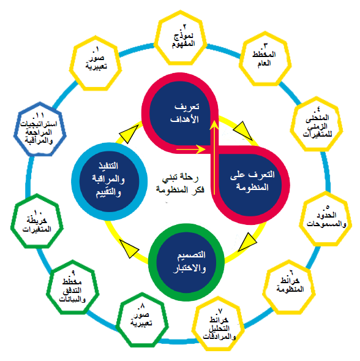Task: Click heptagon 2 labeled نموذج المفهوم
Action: pyautogui.click(x=181, y=38)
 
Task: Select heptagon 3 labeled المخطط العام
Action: pyautogui.click(x=265, y=58)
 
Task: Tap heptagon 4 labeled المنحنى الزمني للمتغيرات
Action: pyautogui.click(x=317, y=124)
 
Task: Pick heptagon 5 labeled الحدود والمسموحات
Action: pyautogui.click(x=326, y=218)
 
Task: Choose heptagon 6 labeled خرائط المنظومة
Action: pyautogui.click(x=289, y=287)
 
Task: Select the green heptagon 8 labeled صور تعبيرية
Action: pyautogui.click(x=142, y=319)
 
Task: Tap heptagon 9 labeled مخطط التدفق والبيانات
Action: pyautogui.click(x=73, y=287)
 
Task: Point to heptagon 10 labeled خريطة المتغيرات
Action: pyautogui.click(x=37, y=221)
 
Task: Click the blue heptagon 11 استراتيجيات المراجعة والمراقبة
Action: pyautogui.click(x=40, y=129)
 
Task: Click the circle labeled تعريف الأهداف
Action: pyautogui.click(x=180, y=113)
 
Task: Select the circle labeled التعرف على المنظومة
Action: pyautogui.click(x=251, y=184)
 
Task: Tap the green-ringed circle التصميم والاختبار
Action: pyautogui.click(x=186, y=262)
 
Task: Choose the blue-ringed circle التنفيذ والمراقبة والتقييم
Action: pyautogui.click(x=109, y=181)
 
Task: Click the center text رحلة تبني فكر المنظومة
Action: pyautogui.click(x=180, y=183)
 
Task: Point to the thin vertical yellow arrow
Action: pyautogui.click(x=215, y=158)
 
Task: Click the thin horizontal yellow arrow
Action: pyautogui.click(x=191, y=149)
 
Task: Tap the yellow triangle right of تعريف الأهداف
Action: pyautogui.click(x=243, y=131)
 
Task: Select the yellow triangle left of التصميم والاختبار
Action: pyautogui.click(x=129, y=248)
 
